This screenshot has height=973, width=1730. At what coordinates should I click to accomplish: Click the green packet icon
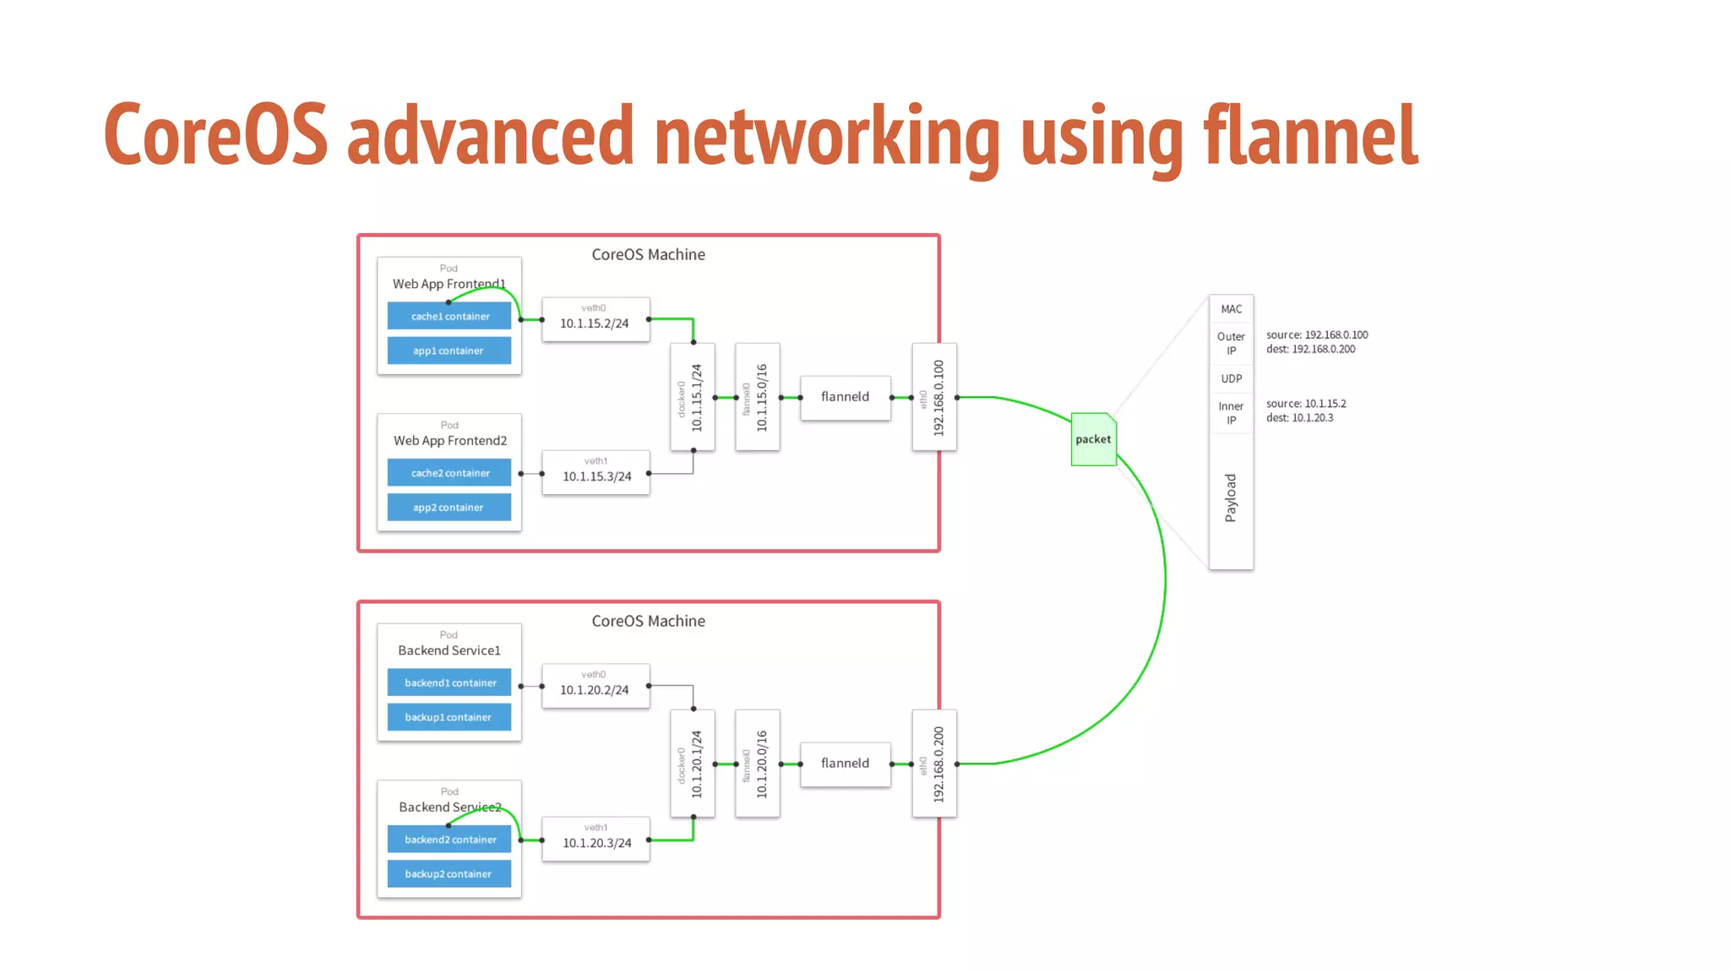coord(1093,439)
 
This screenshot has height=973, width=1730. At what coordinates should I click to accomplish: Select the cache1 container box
coord(449,317)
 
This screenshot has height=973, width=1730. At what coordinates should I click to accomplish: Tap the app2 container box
coord(449,508)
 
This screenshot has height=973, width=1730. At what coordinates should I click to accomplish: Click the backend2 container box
coord(449,840)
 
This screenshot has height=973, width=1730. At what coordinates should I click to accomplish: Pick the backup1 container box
coord(449,717)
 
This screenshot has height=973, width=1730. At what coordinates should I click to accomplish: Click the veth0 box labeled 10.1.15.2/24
coord(596,319)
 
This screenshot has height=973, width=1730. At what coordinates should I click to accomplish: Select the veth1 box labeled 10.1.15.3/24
coord(596,472)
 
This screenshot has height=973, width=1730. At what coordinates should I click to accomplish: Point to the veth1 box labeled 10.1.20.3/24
coord(596,839)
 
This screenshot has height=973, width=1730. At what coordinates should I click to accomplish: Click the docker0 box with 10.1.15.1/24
coord(692,397)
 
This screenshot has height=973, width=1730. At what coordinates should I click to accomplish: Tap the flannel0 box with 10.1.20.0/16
coord(757,764)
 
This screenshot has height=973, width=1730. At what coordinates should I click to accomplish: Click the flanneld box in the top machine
coord(845,397)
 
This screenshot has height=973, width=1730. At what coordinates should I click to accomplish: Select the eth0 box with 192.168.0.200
coord(934,764)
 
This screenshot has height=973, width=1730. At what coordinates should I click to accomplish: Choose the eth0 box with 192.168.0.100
coord(934,397)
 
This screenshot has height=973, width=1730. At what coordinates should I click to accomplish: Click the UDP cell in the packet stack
coord(1231,378)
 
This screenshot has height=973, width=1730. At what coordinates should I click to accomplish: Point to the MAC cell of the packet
coord(1231,309)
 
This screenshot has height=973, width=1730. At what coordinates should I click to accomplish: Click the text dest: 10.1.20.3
coord(1299,418)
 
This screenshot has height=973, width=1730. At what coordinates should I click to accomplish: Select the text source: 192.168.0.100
coord(1317,335)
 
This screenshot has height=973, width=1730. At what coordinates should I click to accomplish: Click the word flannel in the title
coord(1310,135)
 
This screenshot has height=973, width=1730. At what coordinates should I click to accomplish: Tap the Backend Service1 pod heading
coord(449,650)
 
